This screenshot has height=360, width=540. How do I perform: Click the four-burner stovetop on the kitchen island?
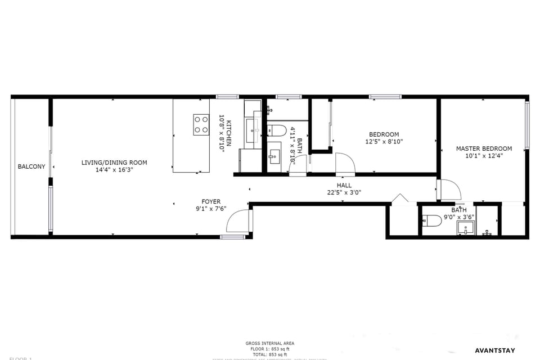[201, 125]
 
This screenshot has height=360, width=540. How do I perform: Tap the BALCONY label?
[31, 166]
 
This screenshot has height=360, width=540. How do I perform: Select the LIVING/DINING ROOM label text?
[114, 163]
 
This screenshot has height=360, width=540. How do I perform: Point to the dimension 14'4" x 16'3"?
[114, 169]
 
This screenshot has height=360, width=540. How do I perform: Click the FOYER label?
[211, 201]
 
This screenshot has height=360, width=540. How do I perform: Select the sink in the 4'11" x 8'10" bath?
[274, 155]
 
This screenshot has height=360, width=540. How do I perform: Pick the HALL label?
[344, 185]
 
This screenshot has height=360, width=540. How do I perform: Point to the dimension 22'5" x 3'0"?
[344, 192]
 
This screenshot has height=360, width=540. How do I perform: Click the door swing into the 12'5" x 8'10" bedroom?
[345, 164]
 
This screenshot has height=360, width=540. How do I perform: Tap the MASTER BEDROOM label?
[484, 148]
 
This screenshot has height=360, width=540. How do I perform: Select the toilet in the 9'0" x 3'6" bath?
[431, 220]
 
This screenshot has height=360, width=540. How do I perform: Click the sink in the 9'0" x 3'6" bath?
[466, 227]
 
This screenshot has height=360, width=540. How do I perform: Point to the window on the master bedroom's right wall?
[526, 125]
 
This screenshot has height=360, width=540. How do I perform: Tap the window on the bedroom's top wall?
[385, 97]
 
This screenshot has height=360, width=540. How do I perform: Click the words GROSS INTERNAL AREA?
[269, 343]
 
